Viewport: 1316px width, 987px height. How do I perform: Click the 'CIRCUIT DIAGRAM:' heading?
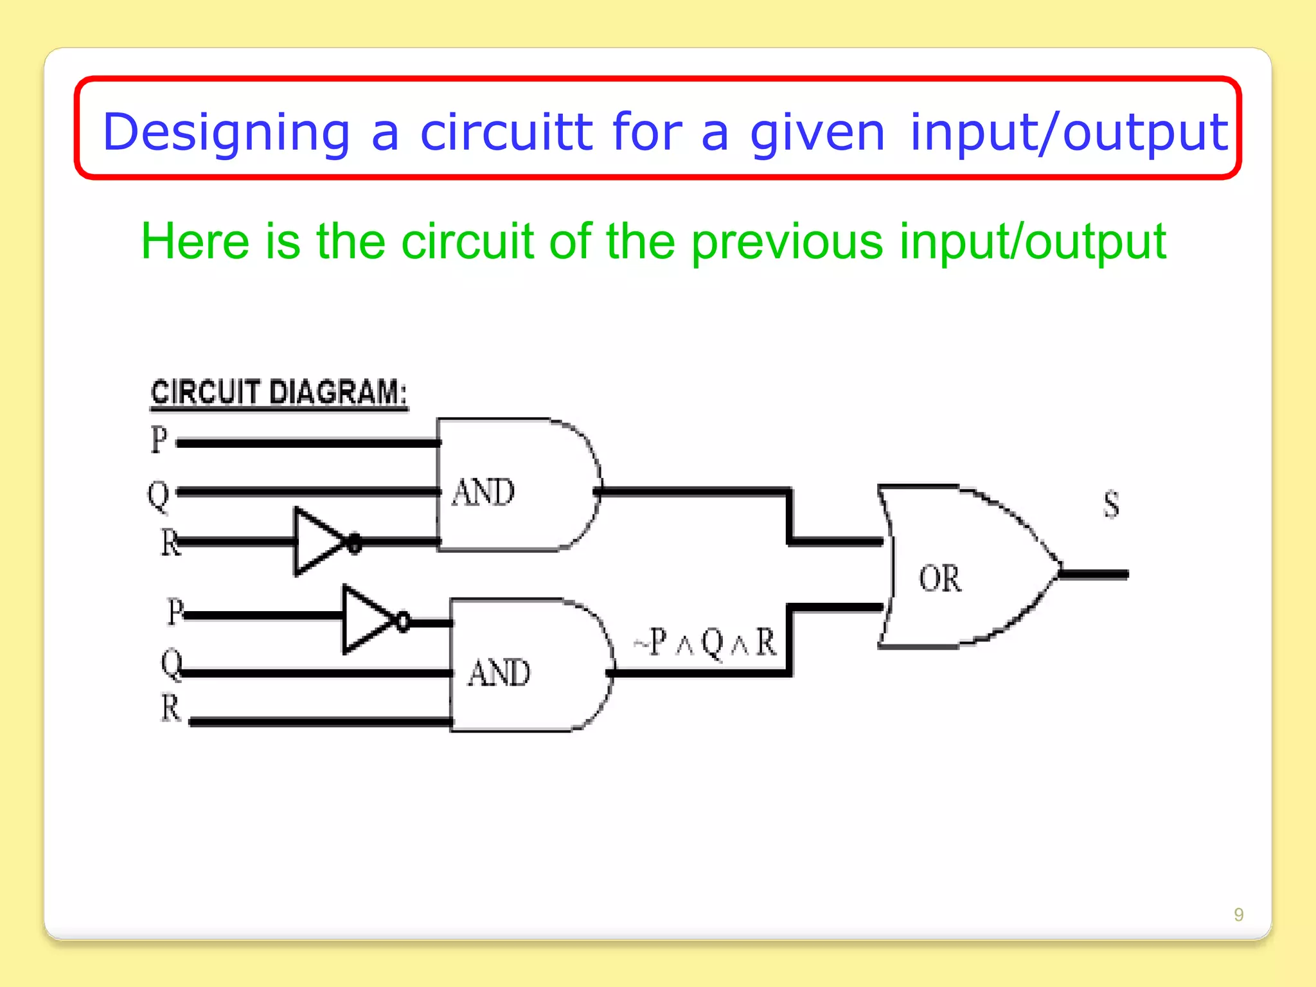pyautogui.click(x=279, y=392)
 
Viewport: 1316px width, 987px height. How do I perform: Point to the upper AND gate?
pyautogui.click(x=514, y=486)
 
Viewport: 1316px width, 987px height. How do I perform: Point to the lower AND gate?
pyautogui.click(x=527, y=666)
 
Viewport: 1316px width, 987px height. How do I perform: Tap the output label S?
pyautogui.click(x=1111, y=504)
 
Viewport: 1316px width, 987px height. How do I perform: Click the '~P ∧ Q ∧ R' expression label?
pyautogui.click(x=705, y=642)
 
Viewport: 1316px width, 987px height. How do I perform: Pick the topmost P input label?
pyautogui.click(x=159, y=440)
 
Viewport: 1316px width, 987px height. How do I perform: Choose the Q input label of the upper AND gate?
pyautogui.click(x=158, y=495)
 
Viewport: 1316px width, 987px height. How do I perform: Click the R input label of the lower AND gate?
pyautogui.click(x=170, y=708)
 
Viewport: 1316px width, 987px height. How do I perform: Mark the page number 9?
pyautogui.click(x=1238, y=914)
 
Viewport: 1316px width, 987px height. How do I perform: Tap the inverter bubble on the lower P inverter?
pyautogui.click(x=403, y=621)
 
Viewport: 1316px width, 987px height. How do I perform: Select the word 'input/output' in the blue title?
pyautogui.click(x=1069, y=132)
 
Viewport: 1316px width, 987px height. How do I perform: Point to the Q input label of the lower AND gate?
pyautogui.click(x=172, y=663)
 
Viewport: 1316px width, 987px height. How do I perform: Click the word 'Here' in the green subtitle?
pyautogui.click(x=195, y=242)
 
